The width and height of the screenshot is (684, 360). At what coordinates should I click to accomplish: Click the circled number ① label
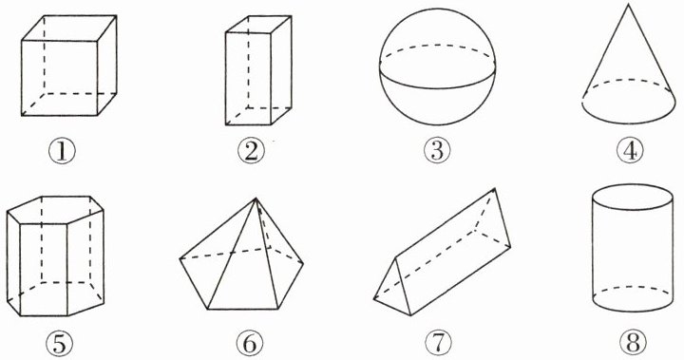tap(62, 151)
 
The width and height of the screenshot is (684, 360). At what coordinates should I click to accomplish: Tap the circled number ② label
tap(251, 151)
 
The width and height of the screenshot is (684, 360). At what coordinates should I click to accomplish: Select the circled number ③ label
tap(437, 150)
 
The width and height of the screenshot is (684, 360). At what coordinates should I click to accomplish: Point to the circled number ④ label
tap(630, 150)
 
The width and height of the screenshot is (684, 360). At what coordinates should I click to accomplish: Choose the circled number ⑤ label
tap(59, 344)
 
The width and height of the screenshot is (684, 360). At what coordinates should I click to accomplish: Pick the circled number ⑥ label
tap(250, 344)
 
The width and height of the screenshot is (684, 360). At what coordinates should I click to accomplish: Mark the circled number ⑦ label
tap(438, 343)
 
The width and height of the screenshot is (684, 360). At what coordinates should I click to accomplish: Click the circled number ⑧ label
tap(633, 343)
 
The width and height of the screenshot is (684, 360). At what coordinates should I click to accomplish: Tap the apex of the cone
tap(628, 5)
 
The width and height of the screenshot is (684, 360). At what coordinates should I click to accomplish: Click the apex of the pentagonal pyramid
tap(256, 199)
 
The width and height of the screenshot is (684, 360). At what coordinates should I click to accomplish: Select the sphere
tap(438, 66)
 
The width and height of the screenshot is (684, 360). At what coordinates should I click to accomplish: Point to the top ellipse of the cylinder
tap(632, 197)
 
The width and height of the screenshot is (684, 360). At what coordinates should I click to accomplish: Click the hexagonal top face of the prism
tap(55, 210)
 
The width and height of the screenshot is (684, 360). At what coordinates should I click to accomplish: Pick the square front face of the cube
tap(59, 78)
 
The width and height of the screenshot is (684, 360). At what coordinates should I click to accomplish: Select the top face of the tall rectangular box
tap(258, 25)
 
